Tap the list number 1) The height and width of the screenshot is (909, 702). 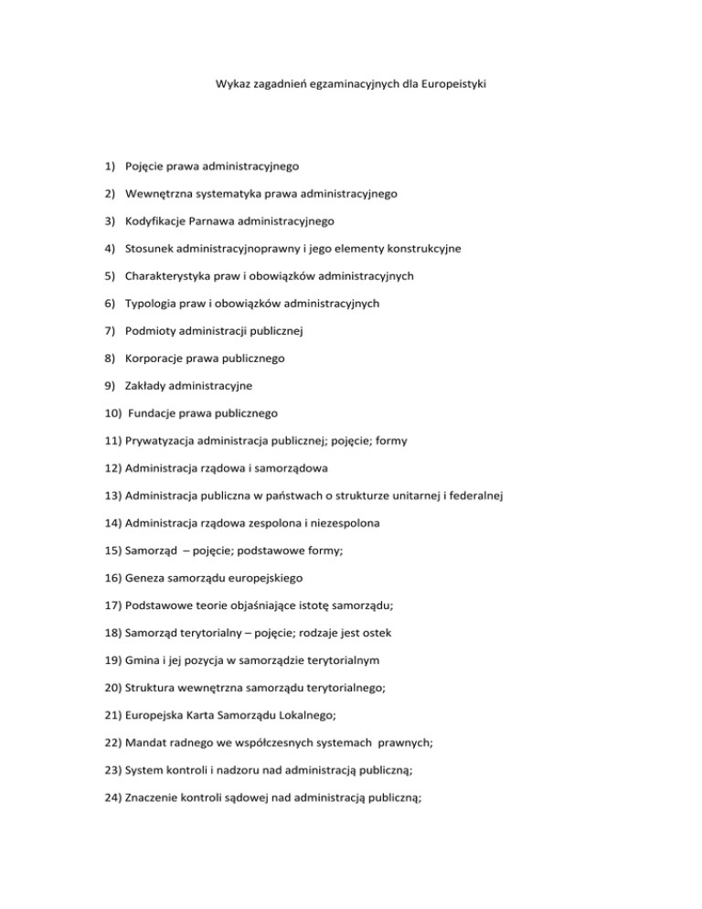[x=107, y=166]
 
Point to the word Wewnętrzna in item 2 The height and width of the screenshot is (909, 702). [x=159, y=193]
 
